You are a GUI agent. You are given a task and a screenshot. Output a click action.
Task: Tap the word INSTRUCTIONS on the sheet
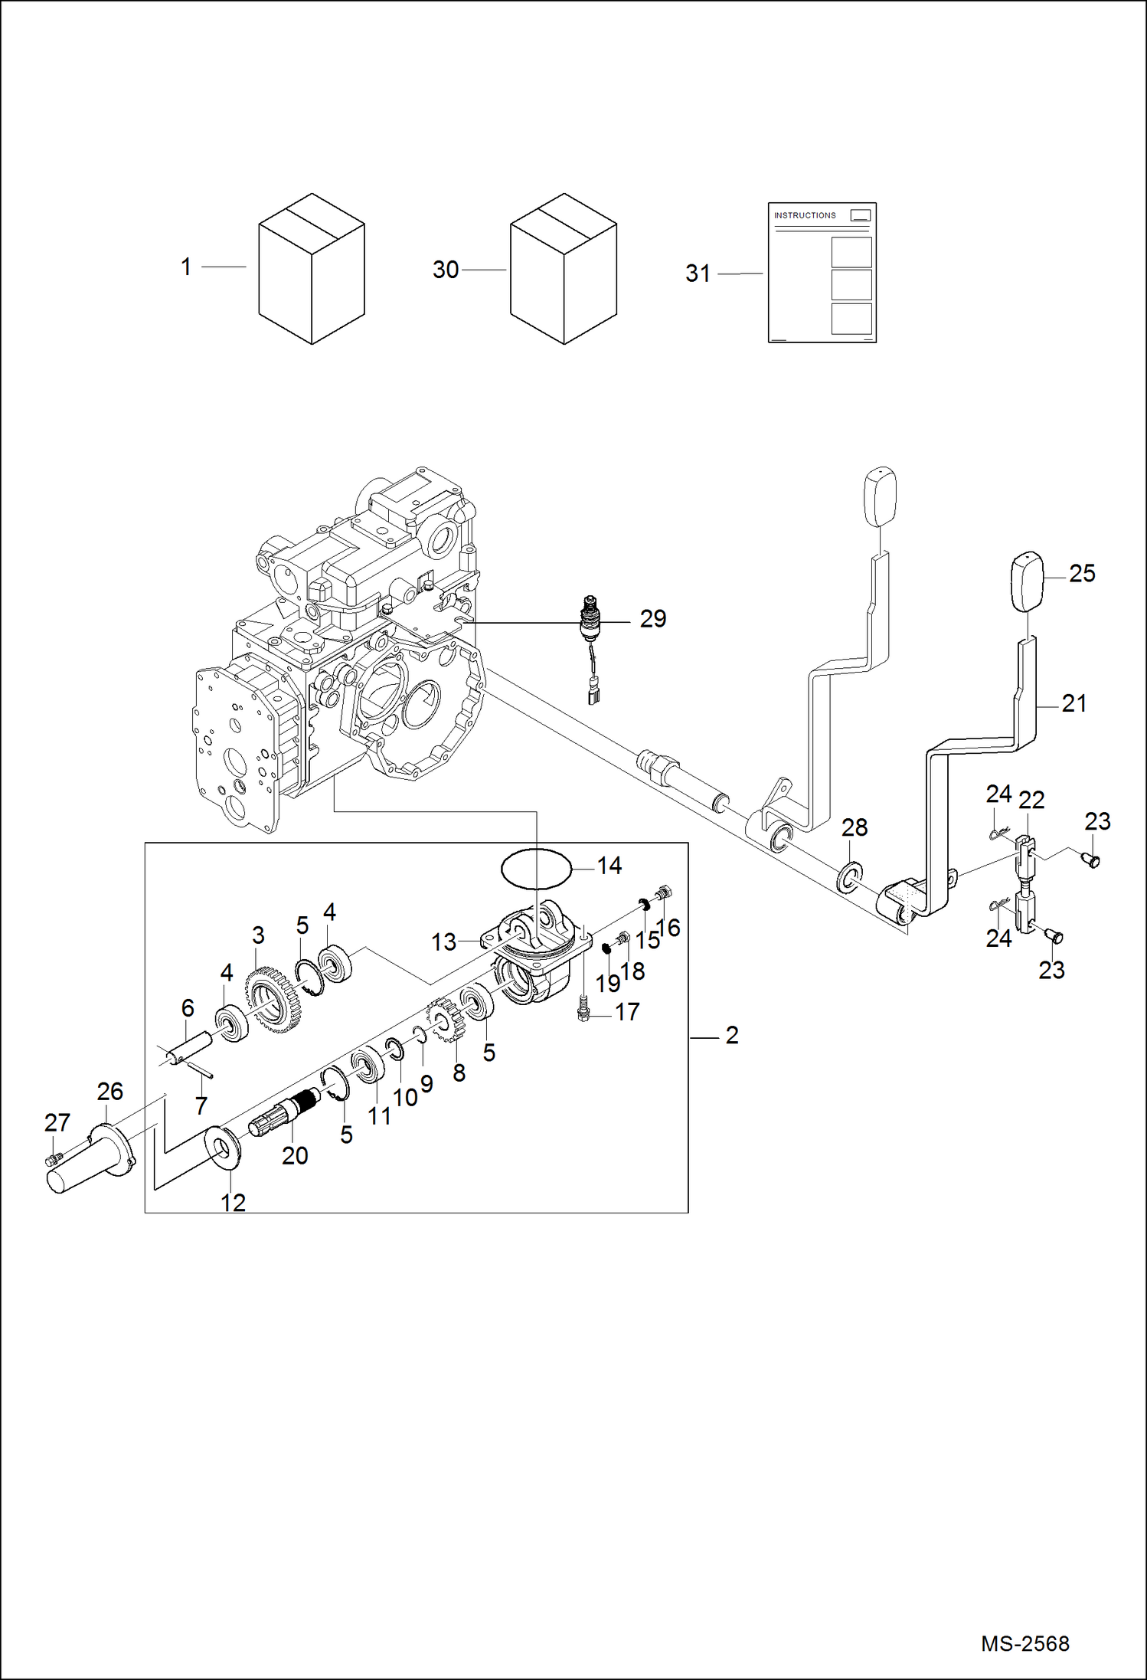point(804,215)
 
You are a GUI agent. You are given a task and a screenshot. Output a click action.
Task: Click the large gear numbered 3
point(273,1000)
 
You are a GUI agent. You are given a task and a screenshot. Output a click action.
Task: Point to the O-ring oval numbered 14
point(537,869)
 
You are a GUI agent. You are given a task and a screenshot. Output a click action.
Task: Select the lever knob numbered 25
point(1028,581)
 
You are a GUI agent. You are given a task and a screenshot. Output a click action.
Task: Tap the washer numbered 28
point(849,877)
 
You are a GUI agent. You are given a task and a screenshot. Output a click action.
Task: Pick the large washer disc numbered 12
point(224,1147)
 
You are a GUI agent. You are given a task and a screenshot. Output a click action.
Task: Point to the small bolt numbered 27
point(53,1160)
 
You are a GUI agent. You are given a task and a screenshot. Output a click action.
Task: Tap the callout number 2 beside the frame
point(732,1036)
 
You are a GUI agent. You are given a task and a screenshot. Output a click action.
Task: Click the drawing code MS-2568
point(1024,1642)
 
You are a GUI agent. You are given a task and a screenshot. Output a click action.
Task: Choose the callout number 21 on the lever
point(1073,703)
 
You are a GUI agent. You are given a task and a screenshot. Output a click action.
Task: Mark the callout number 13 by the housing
point(443,942)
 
